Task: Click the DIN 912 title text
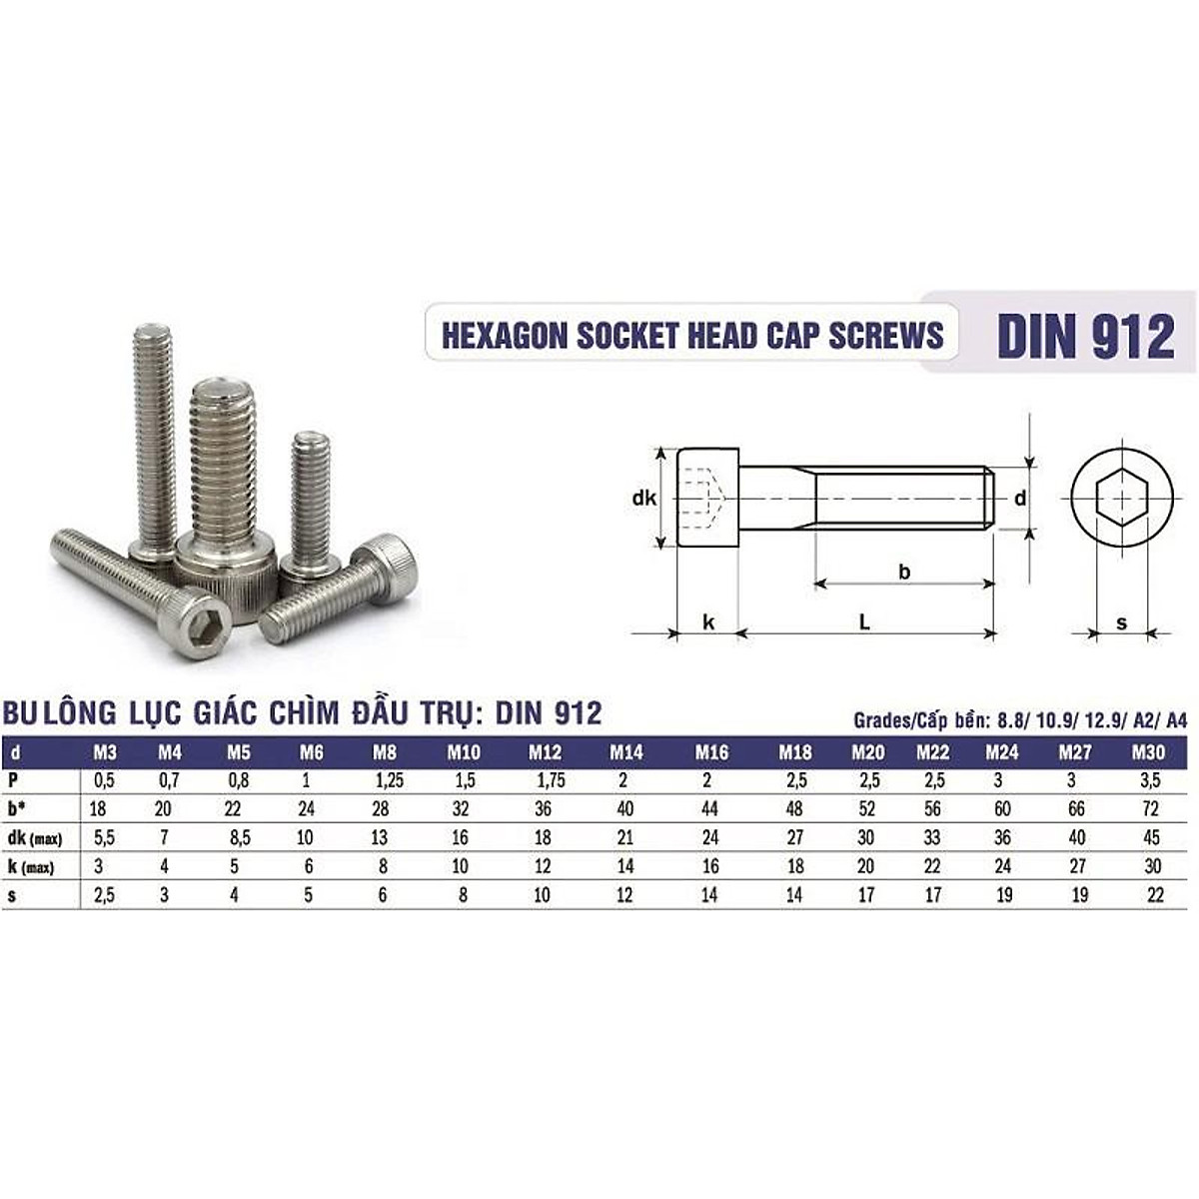pyautogui.click(x=1085, y=337)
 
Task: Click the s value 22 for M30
pyautogui.click(x=1157, y=895)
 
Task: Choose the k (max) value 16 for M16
pyautogui.click(x=708, y=866)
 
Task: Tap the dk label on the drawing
pyautogui.click(x=644, y=497)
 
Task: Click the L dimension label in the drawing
pyautogui.click(x=865, y=621)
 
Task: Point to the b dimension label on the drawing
pyautogui.click(x=903, y=572)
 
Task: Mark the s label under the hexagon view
pyautogui.click(x=1121, y=622)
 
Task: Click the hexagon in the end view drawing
pyautogui.click(x=1120, y=498)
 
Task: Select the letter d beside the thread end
pyautogui.click(x=1019, y=498)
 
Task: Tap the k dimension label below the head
pyautogui.click(x=708, y=621)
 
